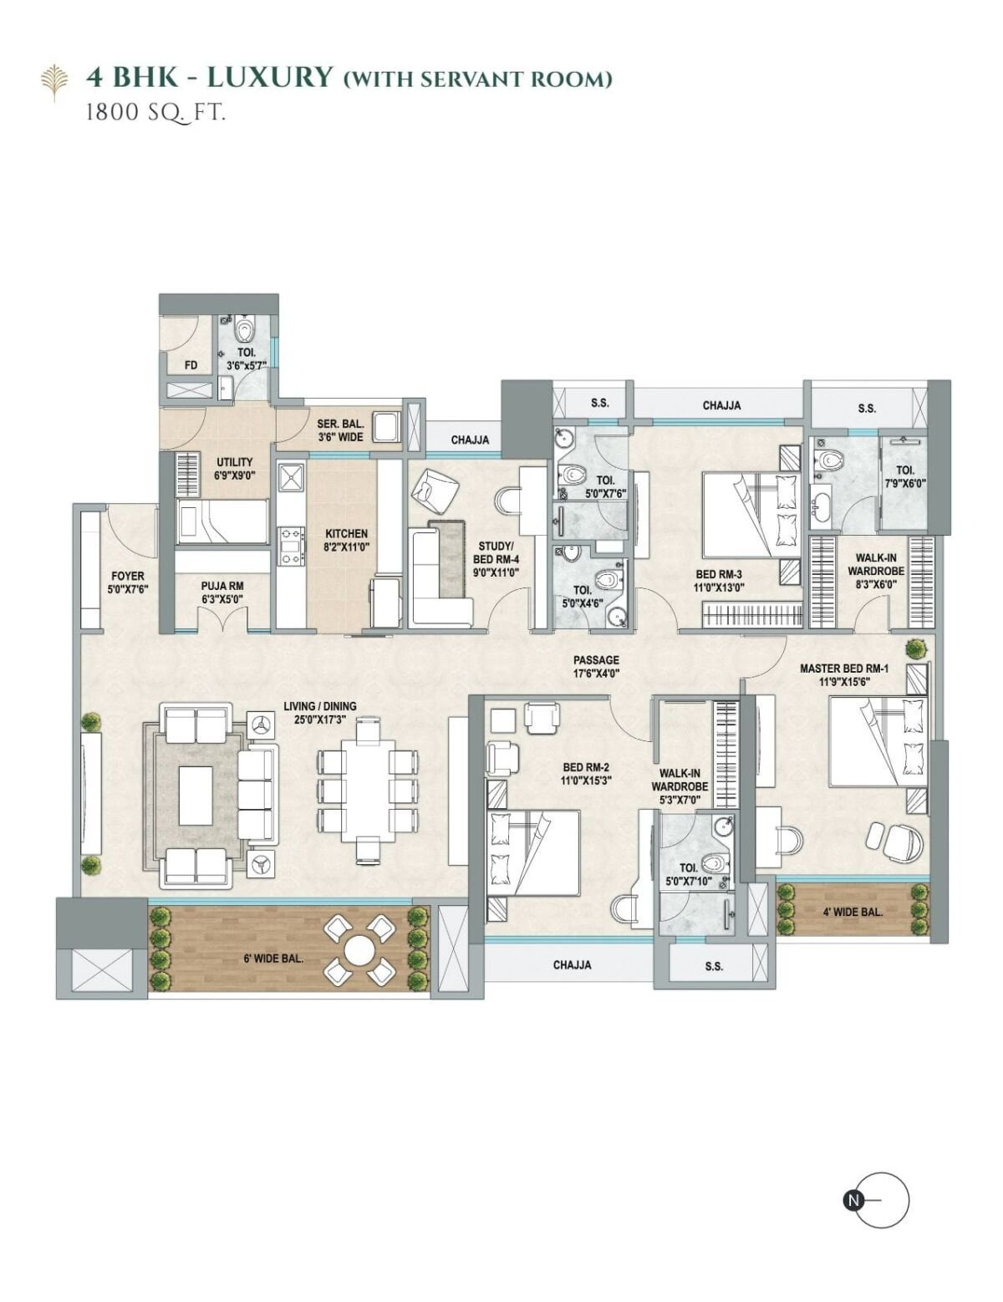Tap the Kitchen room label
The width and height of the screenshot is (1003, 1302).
pyautogui.click(x=346, y=533)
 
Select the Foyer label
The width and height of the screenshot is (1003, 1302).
pyautogui.click(x=128, y=577)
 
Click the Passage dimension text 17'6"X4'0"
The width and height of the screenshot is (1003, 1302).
pyautogui.click(x=596, y=674)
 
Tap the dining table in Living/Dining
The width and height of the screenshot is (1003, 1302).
pyautogui.click(x=368, y=791)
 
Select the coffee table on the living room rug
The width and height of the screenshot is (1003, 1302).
pyautogui.click(x=196, y=795)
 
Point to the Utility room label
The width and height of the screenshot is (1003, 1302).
pyautogui.click(x=234, y=462)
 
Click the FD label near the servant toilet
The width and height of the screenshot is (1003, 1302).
pyautogui.click(x=191, y=364)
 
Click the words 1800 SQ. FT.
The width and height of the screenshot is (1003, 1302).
pyautogui.click(x=155, y=113)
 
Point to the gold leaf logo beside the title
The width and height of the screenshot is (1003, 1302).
pyautogui.click(x=54, y=82)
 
